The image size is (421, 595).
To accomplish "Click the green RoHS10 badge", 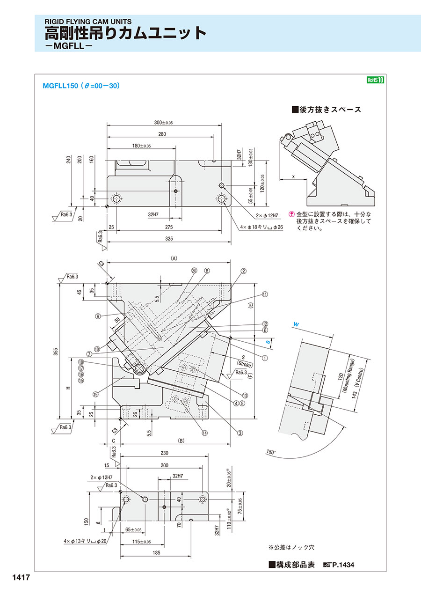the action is [375, 80].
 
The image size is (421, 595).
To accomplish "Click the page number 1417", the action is [21, 577].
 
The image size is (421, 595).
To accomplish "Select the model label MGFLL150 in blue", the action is [60, 86].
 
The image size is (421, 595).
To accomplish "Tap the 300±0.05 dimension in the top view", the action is [164, 123].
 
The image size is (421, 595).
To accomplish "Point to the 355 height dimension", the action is [56, 352].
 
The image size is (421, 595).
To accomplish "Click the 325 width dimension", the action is [169, 239].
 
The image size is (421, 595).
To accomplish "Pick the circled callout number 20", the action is [195, 271].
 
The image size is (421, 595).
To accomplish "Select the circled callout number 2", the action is [243, 271].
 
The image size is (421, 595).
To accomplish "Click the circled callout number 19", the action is [95, 394].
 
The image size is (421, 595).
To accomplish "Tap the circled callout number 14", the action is [205, 433].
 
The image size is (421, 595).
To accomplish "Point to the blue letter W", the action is [296, 324].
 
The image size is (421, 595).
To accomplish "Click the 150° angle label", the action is [271, 452].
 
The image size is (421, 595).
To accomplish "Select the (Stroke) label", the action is [245, 364].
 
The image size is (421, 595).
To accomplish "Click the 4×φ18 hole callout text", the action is [261, 227].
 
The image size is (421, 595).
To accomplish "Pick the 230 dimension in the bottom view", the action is [164, 453].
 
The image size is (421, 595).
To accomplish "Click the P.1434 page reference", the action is [343, 565].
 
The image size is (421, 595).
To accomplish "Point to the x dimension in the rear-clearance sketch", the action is [293, 176].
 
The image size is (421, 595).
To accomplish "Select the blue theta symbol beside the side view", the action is [269, 342].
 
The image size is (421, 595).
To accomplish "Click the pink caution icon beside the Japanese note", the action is [291, 214].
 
